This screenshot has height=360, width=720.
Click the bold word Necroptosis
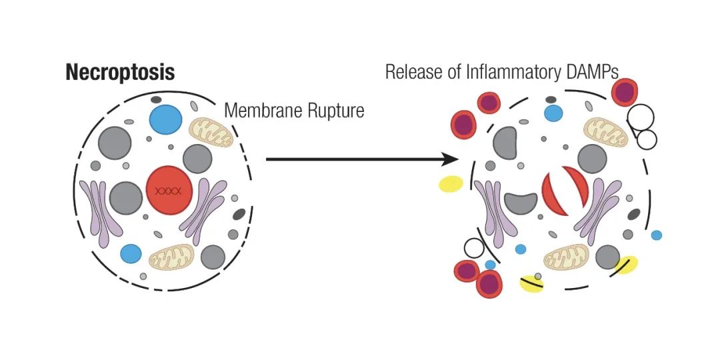(120, 73)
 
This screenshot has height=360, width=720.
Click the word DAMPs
(595, 71)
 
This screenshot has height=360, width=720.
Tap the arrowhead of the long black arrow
(452, 159)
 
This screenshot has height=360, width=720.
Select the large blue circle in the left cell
(166, 119)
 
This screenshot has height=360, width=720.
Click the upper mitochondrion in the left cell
(212, 132)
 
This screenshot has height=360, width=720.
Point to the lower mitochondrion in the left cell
(172, 257)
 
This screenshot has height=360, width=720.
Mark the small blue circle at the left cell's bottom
(131, 254)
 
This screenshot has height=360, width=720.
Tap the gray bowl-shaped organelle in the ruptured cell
(520, 203)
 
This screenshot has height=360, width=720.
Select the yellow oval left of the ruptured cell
(451, 184)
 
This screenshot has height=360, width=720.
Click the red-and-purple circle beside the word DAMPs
(625, 92)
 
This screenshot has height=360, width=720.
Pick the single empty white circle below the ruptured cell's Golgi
(474, 248)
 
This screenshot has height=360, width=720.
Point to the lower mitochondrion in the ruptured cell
(566, 257)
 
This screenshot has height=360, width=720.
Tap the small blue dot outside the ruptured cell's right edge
(657, 235)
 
